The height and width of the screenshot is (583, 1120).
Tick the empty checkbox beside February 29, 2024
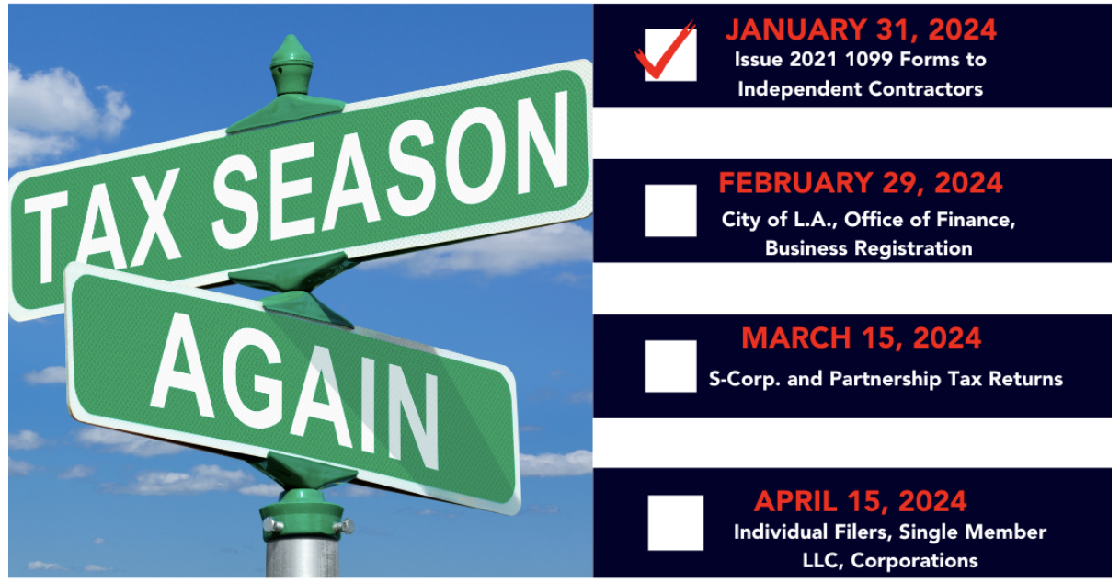[x=670, y=211]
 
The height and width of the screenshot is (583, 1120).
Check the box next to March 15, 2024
[x=670, y=366]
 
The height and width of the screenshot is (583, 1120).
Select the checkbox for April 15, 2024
[x=675, y=522]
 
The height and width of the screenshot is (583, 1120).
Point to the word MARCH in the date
[x=796, y=338]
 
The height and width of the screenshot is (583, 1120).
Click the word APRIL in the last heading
[x=795, y=501]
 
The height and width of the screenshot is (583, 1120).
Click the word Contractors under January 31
[x=925, y=89]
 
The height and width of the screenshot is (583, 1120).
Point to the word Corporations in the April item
[x=914, y=561]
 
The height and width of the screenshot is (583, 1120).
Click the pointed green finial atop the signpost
[x=291, y=64]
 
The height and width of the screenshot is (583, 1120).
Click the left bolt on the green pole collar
[x=272, y=525]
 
